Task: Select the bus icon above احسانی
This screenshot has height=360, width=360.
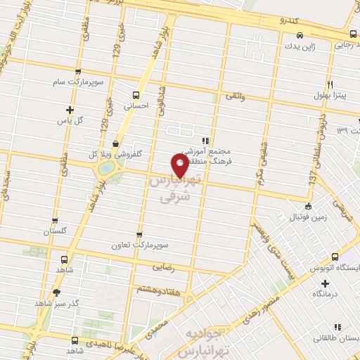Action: click(x=136, y=95)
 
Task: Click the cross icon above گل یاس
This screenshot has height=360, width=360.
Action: click(x=70, y=109)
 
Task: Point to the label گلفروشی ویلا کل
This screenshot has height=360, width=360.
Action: click(x=115, y=154)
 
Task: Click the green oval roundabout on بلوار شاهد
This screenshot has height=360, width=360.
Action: click(x=106, y=168)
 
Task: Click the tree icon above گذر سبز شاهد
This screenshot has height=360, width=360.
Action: click(x=56, y=292)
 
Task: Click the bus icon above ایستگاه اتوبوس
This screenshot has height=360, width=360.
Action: click(x=335, y=257)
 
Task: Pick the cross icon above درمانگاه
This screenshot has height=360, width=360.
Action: click(x=325, y=283)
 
